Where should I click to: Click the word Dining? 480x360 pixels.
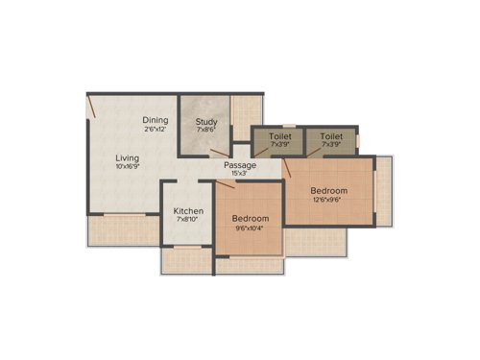156,120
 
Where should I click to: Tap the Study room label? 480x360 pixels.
206,122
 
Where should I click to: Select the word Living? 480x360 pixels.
127,157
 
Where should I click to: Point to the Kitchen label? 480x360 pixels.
187,210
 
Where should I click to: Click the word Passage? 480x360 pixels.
240,165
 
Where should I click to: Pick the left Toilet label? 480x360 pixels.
280,136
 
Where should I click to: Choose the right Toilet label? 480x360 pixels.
331,136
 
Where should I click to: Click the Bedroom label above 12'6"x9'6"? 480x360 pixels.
328,191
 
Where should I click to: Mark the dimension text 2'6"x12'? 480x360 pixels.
156,130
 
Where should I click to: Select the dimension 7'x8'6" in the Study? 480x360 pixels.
206,132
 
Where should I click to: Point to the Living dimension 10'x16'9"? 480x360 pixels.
127,167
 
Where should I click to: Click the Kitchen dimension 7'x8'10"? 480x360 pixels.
187,220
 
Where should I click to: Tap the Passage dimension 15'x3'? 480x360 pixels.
240,174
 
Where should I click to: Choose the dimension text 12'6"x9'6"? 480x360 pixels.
328,201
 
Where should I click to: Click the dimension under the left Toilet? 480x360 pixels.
280,146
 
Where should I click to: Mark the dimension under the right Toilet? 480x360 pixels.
331,146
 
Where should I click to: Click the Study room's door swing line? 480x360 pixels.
219,152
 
